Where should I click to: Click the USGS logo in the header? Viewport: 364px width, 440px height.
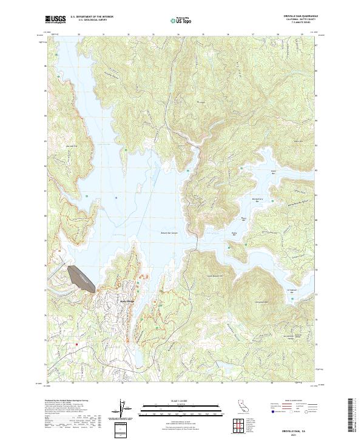click(56, 19)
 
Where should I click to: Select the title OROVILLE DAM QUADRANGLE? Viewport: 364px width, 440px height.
click(298, 16)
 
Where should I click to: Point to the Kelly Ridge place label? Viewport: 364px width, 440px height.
click(126, 301)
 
